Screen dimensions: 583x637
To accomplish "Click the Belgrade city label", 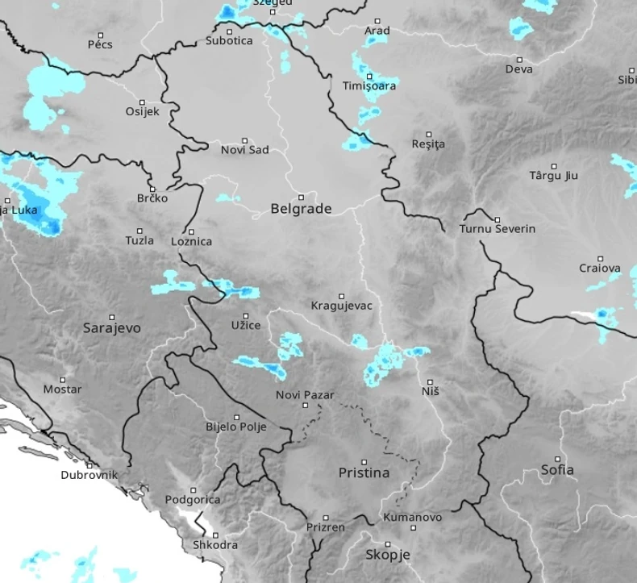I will coord(301,209).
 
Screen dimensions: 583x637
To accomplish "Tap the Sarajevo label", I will coord(112,328).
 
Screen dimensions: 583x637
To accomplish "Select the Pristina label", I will coord(364,473).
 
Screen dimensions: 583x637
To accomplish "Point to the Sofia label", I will coord(558,469).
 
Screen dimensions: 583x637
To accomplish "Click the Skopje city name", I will coord(388,555).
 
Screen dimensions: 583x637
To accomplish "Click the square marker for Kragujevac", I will coord(341,296).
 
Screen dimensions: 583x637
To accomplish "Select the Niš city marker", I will coord(430,381).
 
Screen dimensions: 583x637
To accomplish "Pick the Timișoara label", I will coord(369,86).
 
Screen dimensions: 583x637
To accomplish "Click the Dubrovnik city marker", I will coord(90,465).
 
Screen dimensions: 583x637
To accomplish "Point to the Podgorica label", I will coord(192,500).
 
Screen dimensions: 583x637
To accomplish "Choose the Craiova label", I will coord(600,268).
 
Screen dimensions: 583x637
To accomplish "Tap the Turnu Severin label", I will coord(498,229).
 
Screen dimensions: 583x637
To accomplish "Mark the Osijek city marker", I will coord(142,102).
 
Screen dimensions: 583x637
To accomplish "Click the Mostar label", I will coord(63,389).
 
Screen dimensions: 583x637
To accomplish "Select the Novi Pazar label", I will coord(305,395).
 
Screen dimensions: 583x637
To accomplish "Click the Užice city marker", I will coord(246,315).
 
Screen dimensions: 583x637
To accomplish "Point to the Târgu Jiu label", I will coord(554,176).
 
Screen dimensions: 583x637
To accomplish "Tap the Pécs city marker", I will coord(101,35).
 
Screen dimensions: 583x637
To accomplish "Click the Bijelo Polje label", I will coord(235,427).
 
